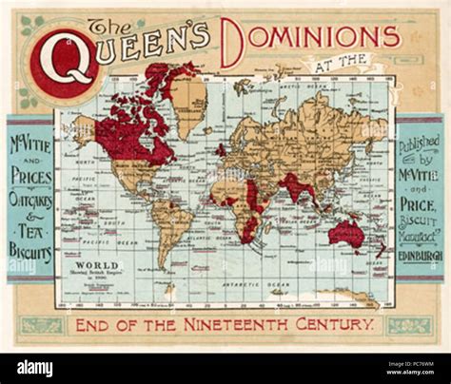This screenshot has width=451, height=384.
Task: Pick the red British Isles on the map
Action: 221,149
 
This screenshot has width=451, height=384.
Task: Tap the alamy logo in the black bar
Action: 35,369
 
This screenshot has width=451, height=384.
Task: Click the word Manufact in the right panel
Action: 420,237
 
